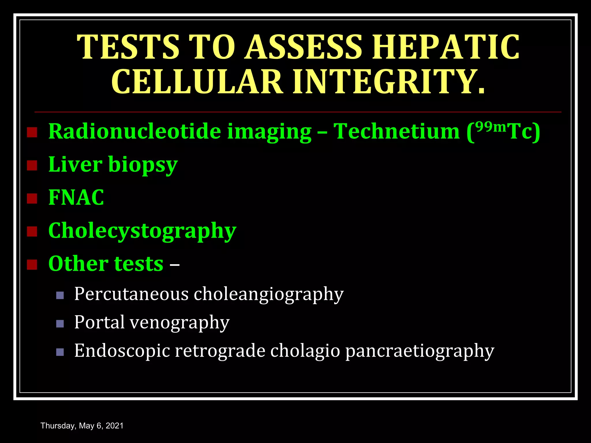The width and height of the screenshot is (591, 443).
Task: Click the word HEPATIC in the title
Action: pyautogui.click(x=446, y=47)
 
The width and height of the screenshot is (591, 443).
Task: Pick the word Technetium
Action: pyautogui.click(x=397, y=131)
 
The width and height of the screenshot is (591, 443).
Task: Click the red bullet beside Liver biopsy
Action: pyautogui.click(x=32, y=166)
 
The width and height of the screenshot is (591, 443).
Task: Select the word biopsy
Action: pyautogui.click(x=143, y=165)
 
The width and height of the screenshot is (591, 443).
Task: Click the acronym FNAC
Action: pyautogui.click(x=76, y=198)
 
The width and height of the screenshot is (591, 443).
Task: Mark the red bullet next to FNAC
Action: pyautogui.click(x=32, y=198)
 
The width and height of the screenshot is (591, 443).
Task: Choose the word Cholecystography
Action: pyautogui.click(x=142, y=231)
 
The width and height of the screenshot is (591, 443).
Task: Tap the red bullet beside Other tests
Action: pyautogui.click(x=32, y=264)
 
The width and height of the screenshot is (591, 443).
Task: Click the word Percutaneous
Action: pyautogui.click(x=131, y=294)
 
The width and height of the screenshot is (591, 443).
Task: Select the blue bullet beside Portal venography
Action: pyautogui.click(x=60, y=324)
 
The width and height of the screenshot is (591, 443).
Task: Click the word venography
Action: pyautogui.click(x=179, y=322)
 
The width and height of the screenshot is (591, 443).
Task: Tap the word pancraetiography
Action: pyautogui.click(x=420, y=351)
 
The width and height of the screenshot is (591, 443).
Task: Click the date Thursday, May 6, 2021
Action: pyautogui.click(x=82, y=426)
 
